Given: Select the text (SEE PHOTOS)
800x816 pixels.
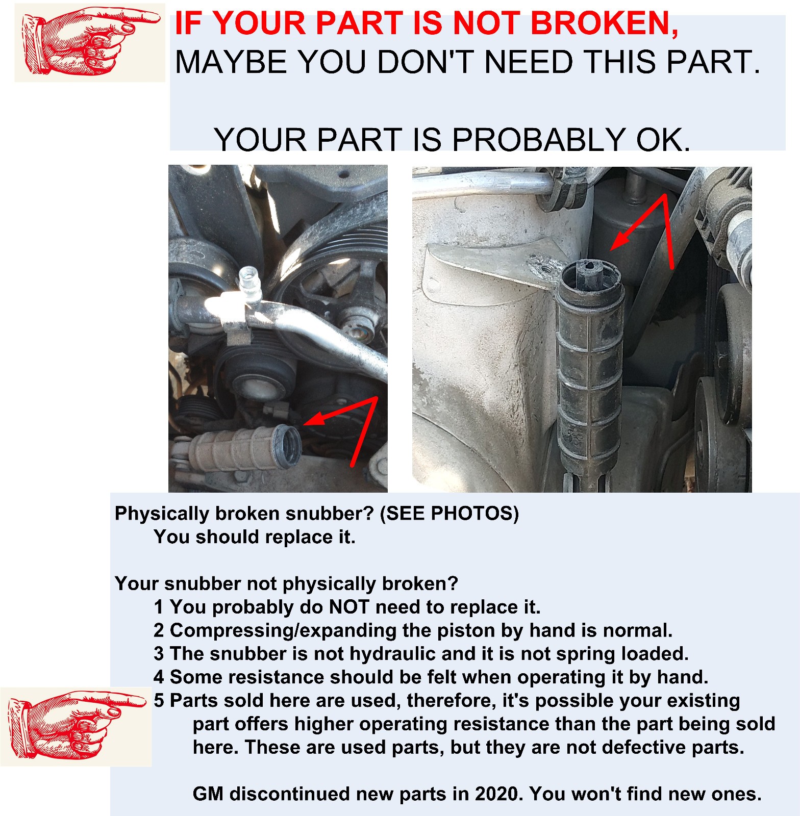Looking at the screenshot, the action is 449,513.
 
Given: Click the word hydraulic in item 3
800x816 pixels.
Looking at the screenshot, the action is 395,654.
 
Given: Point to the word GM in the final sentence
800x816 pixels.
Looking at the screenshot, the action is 209,794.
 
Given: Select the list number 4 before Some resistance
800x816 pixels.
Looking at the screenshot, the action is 159,677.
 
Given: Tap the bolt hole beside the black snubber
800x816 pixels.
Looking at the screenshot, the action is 547,265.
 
